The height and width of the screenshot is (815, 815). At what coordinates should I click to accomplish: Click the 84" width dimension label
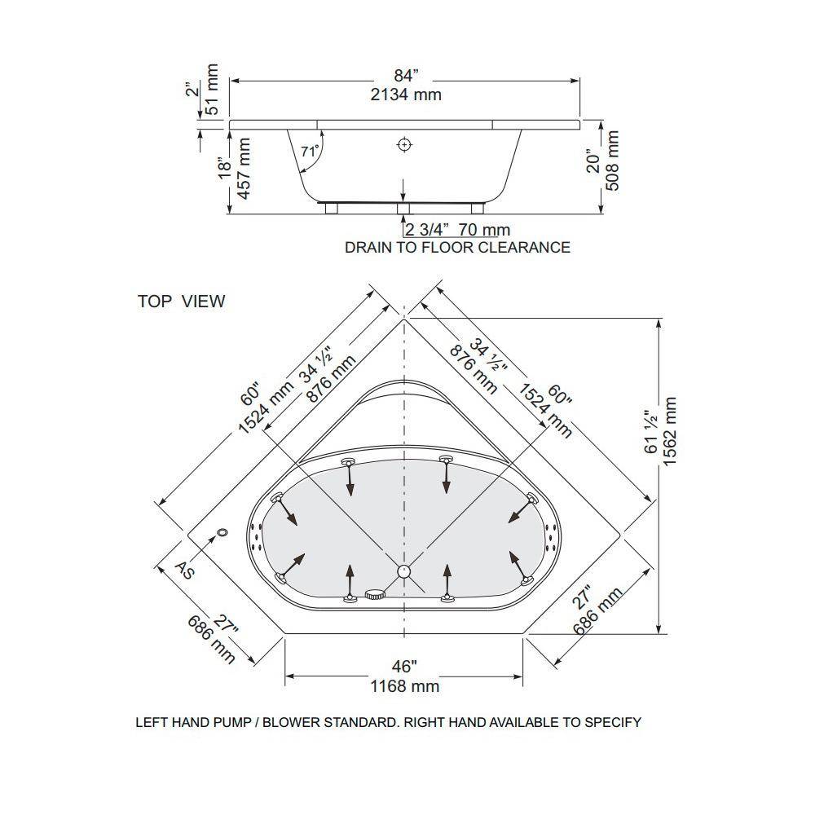coord(405,76)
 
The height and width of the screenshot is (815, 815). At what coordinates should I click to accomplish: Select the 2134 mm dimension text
coord(406,95)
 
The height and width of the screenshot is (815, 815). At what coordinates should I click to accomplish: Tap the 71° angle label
coord(310,152)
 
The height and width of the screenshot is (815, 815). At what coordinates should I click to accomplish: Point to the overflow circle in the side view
coord(404,144)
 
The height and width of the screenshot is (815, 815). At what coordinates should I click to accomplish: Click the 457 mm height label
coord(244,168)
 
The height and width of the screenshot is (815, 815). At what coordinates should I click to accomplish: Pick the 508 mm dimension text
coord(613,161)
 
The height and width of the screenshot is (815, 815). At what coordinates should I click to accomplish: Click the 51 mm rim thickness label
coord(212,90)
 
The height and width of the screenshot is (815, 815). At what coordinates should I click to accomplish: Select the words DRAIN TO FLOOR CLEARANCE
coord(457,248)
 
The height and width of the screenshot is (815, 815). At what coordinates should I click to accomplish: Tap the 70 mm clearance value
coord(485,230)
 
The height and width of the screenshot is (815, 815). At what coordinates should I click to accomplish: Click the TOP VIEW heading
coord(182,302)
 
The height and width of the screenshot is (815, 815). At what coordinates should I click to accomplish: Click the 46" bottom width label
coord(404,666)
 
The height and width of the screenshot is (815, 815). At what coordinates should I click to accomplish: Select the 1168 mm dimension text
coord(405,686)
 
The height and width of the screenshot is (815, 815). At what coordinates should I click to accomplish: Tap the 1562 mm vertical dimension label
coord(669,432)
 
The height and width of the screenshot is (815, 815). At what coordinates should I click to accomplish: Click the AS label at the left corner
coord(184,570)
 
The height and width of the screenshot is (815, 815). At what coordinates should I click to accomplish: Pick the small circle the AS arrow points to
coord(223,532)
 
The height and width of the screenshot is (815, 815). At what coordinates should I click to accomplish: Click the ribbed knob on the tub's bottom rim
coord(374,594)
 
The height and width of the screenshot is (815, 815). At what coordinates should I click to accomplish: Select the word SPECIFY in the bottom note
coord(613,722)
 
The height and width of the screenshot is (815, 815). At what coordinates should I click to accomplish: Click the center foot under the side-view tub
coord(403,209)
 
